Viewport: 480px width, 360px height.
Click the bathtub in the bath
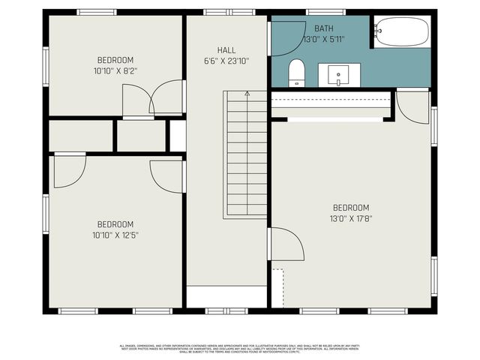(x=402, y=31)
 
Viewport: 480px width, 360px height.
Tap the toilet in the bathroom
(x=296, y=73)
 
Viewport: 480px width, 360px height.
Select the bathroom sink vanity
(x=339, y=75)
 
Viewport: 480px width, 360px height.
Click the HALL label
(x=226, y=50)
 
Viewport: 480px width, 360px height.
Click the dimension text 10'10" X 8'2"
(x=115, y=70)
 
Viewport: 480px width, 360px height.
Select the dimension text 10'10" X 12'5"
(x=115, y=235)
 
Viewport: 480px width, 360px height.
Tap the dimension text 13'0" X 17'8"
(x=351, y=219)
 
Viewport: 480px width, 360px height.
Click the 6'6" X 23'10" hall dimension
(x=226, y=61)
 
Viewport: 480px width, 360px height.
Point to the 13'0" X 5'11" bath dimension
(x=326, y=38)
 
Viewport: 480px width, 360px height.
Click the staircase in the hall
(x=245, y=154)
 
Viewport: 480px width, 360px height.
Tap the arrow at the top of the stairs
(x=247, y=94)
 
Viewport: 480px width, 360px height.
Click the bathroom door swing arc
(x=286, y=37)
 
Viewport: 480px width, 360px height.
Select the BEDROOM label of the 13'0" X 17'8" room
(x=351, y=208)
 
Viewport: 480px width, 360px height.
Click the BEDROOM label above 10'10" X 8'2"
(x=115, y=60)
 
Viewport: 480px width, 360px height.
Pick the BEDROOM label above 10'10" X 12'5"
(x=115, y=224)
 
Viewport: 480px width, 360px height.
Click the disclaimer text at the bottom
(x=239, y=348)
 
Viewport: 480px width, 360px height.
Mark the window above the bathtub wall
(x=325, y=12)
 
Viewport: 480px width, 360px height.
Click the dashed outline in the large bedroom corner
(x=278, y=286)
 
